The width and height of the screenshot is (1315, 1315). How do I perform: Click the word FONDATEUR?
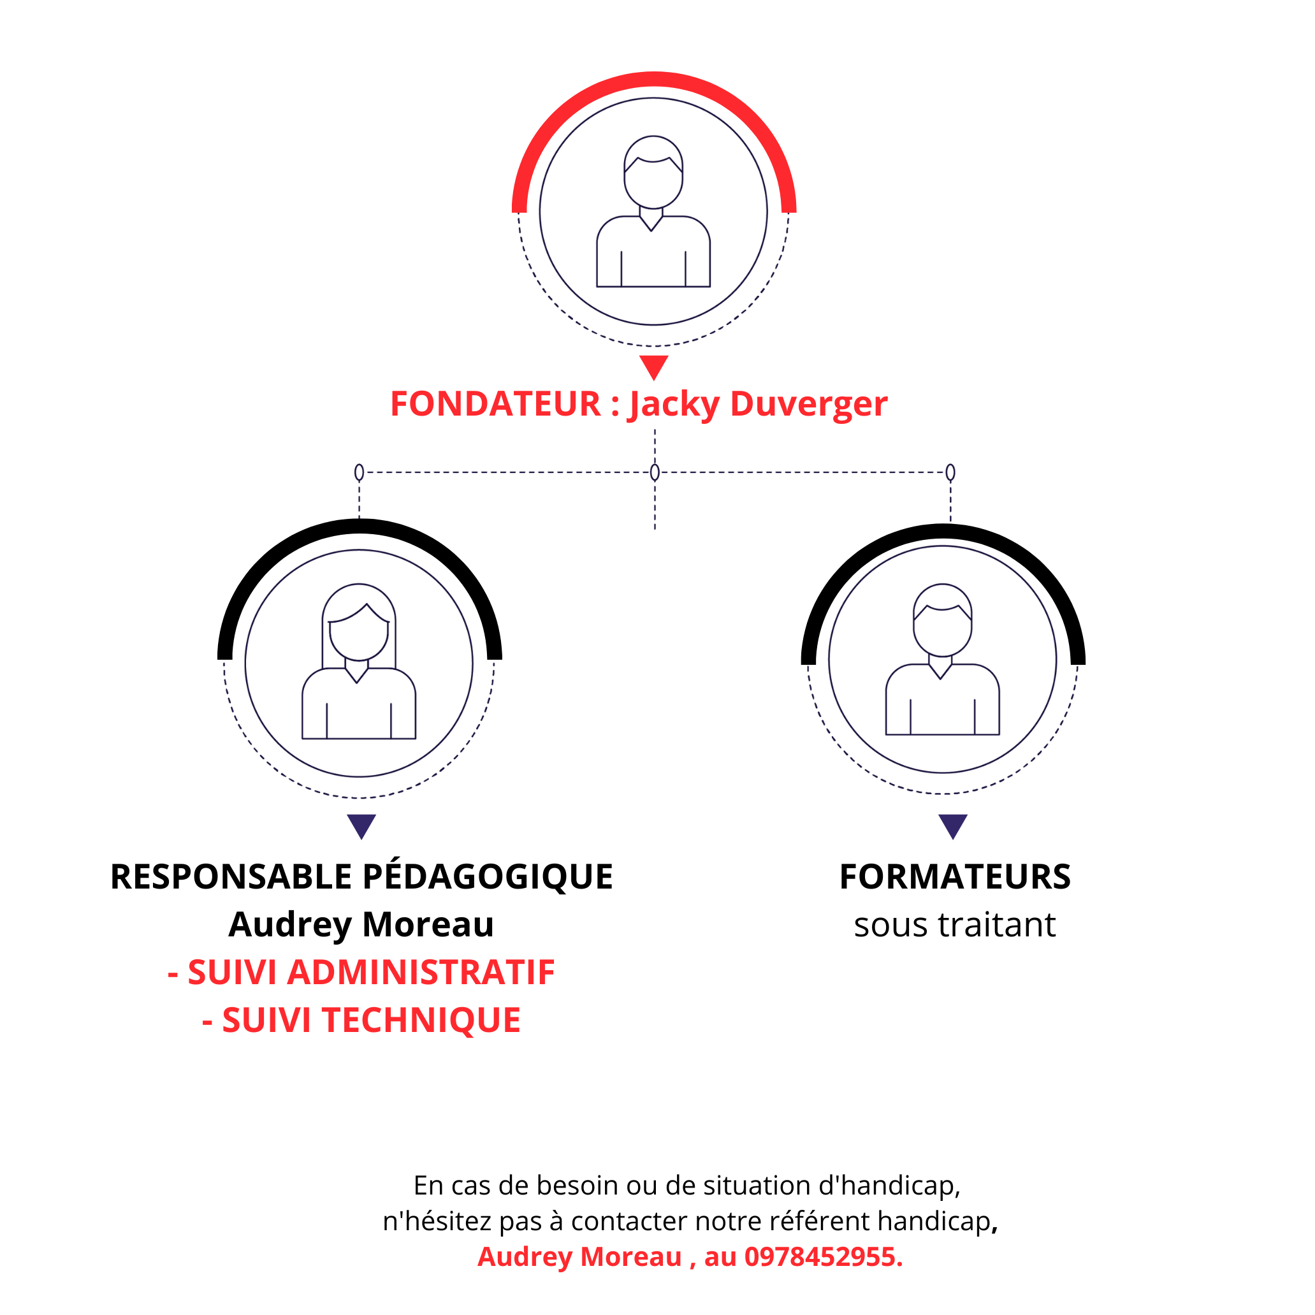pyautogui.click(x=495, y=403)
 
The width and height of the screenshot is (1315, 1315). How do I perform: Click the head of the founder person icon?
pyautogui.click(x=653, y=172)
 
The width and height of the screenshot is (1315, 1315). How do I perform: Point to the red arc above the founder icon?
pyautogui.click(x=654, y=79)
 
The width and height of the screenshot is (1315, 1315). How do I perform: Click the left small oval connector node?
pyautogui.click(x=360, y=472)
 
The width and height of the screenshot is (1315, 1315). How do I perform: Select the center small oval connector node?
pyautogui.click(x=655, y=472)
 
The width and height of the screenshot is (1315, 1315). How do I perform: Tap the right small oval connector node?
pyautogui.click(x=951, y=472)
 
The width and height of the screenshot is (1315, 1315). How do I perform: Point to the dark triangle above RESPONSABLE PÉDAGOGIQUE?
pyautogui.click(x=361, y=826)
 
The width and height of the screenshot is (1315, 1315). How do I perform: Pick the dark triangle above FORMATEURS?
pyautogui.click(x=953, y=826)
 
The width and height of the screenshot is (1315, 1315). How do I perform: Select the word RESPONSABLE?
pyautogui.click(x=231, y=876)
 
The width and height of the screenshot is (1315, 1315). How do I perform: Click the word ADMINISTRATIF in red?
pyautogui.click(x=421, y=972)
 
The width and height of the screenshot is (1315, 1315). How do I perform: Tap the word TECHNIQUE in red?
pyautogui.click(x=421, y=1021)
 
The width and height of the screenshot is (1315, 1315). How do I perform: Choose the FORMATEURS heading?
pyautogui.click(x=955, y=876)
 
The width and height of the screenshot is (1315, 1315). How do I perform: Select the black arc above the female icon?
pyautogui.click(x=360, y=526)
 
